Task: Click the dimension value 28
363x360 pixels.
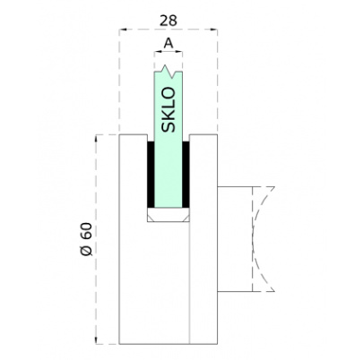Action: [x=169, y=21]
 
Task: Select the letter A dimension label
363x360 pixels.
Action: [x=169, y=44]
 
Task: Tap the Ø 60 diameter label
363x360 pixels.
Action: [x=87, y=239]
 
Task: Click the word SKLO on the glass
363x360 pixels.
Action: [x=168, y=110]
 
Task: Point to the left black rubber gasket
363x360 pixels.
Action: [x=151, y=175]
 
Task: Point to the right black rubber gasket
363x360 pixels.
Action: [x=186, y=175]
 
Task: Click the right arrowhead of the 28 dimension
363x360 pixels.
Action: [x=214, y=30]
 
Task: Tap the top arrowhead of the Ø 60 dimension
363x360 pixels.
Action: [x=97, y=139]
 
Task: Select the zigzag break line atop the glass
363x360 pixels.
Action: [x=169, y=72]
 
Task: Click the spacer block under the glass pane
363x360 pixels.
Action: [x=169, y=215]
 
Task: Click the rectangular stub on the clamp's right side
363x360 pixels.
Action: [x=235, y=239]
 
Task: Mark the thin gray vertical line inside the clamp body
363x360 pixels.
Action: [x=190, y=283]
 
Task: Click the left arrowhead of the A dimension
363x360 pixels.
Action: [x=157, y=52]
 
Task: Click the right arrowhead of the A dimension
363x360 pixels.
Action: [x=179, y=52]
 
